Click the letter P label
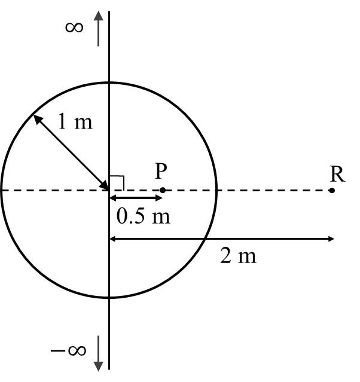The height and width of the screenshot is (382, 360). point(160,172)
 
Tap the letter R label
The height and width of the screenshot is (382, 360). point(337,174)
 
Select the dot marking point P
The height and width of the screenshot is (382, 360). point(163,190)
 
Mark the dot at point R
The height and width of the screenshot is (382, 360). point(332,190)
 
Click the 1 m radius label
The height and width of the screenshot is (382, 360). point(75,122)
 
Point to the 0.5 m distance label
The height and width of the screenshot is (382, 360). point(143,216)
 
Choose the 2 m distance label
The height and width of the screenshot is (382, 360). point(238,256)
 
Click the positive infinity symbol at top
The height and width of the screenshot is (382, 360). point(74,27)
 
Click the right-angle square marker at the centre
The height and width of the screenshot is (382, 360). point(117,182)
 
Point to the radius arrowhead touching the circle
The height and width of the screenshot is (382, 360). point(36,118)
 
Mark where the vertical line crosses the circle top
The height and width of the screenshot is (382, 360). point(109,82)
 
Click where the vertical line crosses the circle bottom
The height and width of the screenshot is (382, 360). point(109,298)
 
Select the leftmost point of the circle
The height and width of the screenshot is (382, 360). point(1,190)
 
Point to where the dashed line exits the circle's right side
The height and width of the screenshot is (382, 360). point(216,190)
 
